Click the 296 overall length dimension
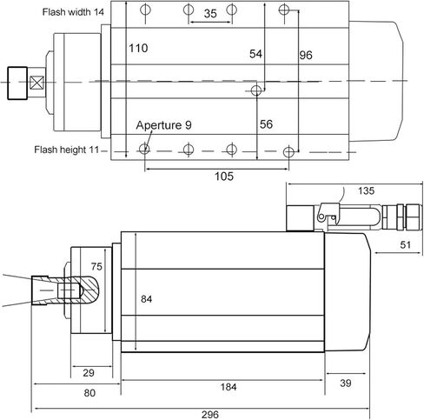[x=210, y=415]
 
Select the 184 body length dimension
[x=229, y=387]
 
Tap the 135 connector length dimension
[x=366, y=190]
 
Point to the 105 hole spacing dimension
[x=224, y=177]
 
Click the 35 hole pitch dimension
[x=210, y=13]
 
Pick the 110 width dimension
[x=138, y=48]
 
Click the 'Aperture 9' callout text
[x=163, y=125]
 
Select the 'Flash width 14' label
[x=73, y=12]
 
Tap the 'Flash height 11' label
[x=67, y=150]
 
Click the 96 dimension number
[x=306, y=55]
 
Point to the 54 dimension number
[x=255, y=54]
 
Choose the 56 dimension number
[x=266, y=124]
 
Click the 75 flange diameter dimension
[x=96, y=266]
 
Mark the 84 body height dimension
[x=146, y=299]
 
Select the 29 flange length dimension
[x=89, y=373]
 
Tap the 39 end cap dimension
[x=346, y=383]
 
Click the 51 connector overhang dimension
[x=405, y=245]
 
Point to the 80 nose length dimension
[x=89, y=393]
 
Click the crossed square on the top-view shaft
[x=36, y=83]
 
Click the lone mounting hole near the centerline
[x=256, y=90]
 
